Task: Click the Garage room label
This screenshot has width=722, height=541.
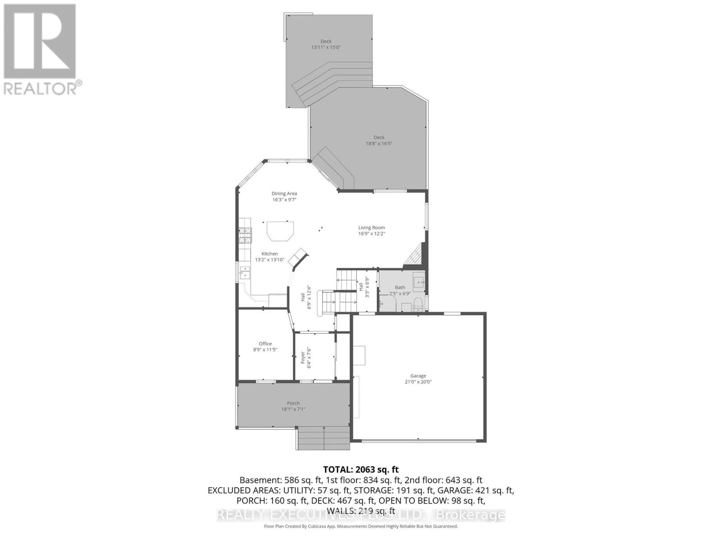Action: tap(418, 376)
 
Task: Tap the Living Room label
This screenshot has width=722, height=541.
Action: tap(371, 228)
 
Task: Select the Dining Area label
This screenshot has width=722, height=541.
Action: tap(284, 193)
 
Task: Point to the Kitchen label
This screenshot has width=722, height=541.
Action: tap(269, 253)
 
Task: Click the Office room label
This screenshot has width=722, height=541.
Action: tap(265, 344)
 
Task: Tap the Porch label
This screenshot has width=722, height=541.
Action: tap(293, 403)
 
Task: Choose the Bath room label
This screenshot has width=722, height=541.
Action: tap(400, 287)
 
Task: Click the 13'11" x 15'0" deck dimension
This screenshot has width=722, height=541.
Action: tap(326, 47)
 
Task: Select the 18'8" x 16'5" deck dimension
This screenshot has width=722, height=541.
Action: tap(379, 144)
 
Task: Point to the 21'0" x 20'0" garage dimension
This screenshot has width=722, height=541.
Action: tap(418, 382)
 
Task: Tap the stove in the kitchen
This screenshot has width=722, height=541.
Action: tap(245, 235)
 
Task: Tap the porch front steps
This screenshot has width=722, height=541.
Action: tap(324, 438)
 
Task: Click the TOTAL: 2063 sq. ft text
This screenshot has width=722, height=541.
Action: tap(361, 470)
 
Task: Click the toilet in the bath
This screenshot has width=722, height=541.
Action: tap(418, 303)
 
